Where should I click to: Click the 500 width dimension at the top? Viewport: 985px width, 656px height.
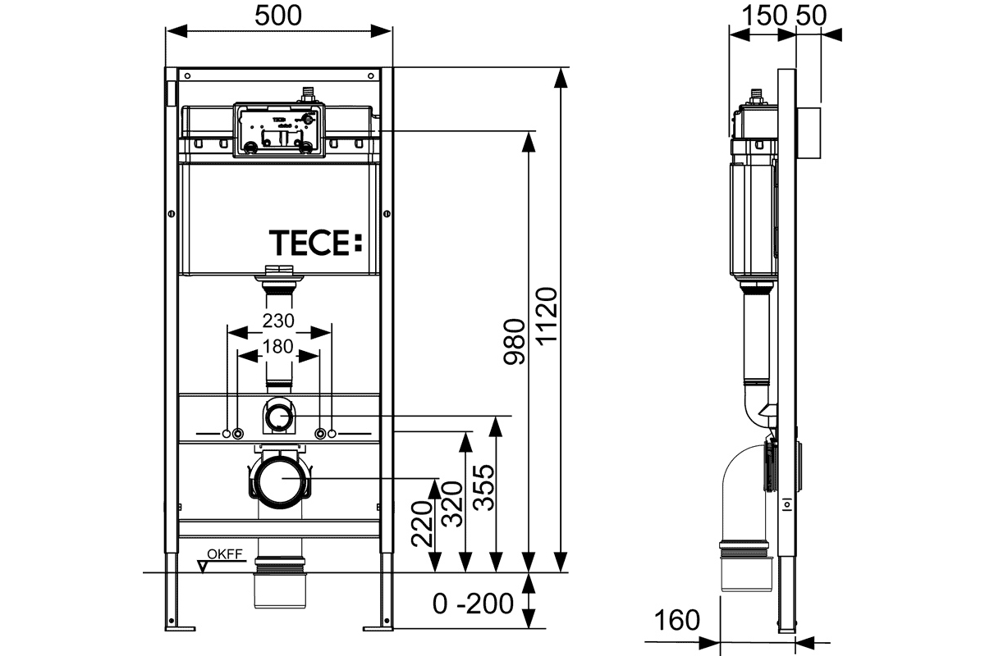point(279,16)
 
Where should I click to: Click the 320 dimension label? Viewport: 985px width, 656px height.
point(454,501)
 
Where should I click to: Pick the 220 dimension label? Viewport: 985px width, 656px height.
point(423,524)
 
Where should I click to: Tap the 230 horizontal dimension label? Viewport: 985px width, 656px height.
point(278,320)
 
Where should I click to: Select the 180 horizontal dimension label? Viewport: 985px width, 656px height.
point(278,346)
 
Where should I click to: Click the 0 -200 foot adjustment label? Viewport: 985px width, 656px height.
point(474,604)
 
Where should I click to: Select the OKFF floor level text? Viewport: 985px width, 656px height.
point(224,555)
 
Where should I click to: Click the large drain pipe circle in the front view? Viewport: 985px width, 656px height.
point(278,482)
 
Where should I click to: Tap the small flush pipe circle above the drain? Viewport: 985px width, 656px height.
point(278,417)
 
